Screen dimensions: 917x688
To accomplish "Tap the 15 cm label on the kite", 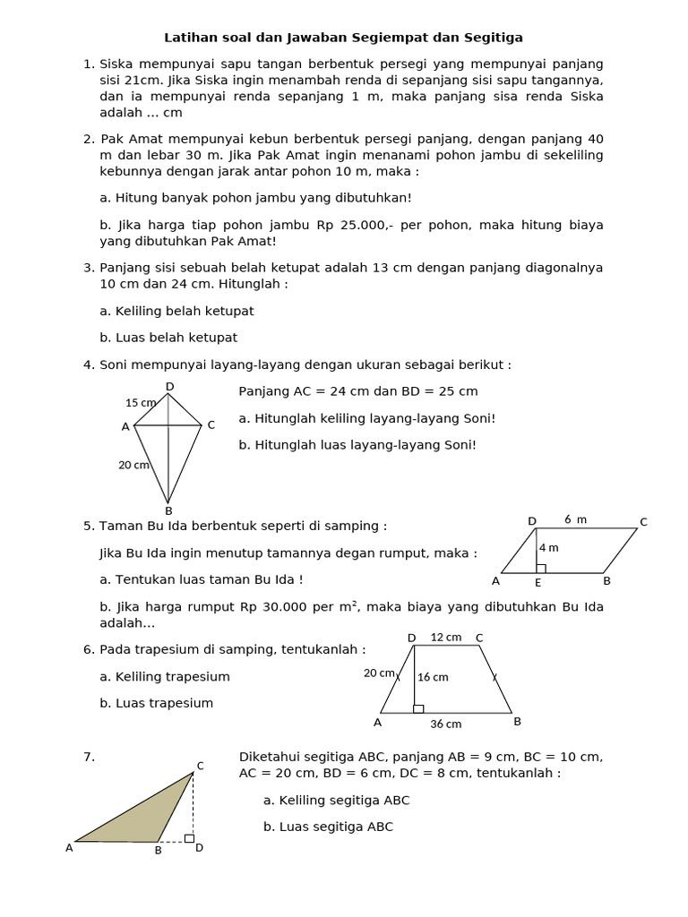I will point(140,403).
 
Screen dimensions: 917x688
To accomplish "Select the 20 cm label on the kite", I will point(134,465).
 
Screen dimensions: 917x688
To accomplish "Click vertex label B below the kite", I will point(168,511).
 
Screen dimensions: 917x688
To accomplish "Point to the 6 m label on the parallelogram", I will point(575,519).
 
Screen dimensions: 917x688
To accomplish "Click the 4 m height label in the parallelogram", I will point(548,548).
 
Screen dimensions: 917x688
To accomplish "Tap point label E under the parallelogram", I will point(537,583).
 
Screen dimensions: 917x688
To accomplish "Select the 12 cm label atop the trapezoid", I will point(446,638).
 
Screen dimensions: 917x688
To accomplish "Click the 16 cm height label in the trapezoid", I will point(433,677).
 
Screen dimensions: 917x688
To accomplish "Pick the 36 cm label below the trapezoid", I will point(446,724).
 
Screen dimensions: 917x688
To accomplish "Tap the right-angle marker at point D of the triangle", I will point(189,838).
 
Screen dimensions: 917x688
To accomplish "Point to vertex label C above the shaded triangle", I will point(200,766).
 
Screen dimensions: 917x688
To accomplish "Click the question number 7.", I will point(89,757).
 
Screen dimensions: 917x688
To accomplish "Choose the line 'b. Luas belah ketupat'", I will point(168,338).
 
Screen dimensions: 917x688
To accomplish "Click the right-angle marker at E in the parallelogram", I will point(540,569).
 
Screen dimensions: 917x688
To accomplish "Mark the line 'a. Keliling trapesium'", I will point(165,676).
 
